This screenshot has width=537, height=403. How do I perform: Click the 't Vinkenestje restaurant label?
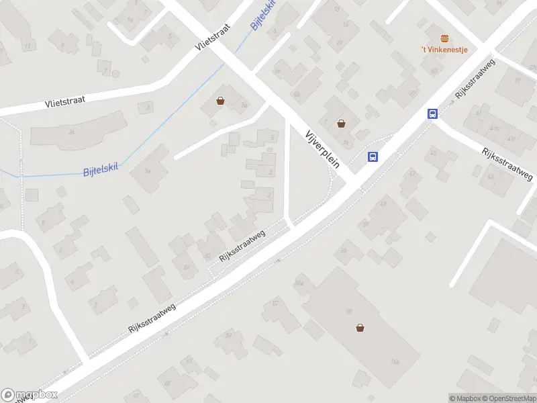tap(444, 49)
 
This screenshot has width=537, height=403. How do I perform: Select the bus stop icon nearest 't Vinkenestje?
tap(433, 114)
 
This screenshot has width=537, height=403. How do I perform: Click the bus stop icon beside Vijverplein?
tap(373, 157)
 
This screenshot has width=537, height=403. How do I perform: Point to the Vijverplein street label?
tap(323, 147)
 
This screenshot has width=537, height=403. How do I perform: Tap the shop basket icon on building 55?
tap(360, 328)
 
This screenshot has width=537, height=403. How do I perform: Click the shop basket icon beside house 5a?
tap(220, 101)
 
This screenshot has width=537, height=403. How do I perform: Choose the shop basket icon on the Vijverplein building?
tap(341, 123)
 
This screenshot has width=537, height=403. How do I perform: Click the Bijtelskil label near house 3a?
tap(101, 169)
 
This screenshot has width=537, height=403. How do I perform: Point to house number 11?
tap(28, 46)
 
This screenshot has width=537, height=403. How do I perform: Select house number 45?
tap(433, 153)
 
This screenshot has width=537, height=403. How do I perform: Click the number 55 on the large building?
tap(348, 311)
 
